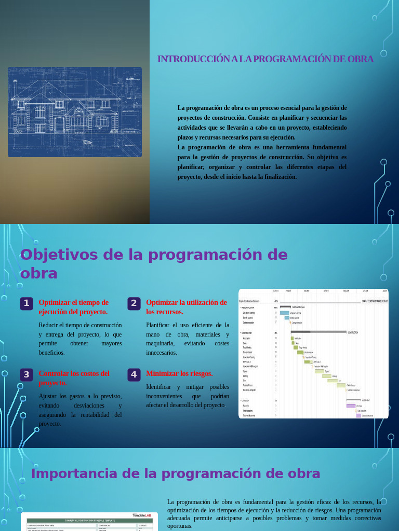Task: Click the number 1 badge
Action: pos(26,303)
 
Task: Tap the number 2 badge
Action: pos(134,303)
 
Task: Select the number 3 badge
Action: pos(26,374)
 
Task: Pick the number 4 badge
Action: pos(134,374)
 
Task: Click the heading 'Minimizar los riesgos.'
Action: pos(179,373)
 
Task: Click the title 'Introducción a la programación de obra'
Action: pos(265,59)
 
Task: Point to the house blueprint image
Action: pos(75,112)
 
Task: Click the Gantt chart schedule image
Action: pos(313,354)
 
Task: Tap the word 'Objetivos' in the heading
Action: pos(58,255)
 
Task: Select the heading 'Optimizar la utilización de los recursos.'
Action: pos(187,307)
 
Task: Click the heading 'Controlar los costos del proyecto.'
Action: pos(74,378)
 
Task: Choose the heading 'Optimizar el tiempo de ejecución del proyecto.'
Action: pos(73,307)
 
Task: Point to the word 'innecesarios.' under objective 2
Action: pos(162,353)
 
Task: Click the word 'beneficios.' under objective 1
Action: pos(51,353)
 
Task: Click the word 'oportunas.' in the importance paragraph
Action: pos(180,526)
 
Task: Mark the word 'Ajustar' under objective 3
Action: pos(48,396)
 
